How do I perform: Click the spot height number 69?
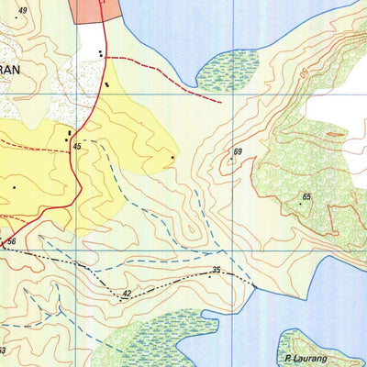tap(238, 151)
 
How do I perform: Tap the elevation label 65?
tap(306, 197)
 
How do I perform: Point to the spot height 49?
tap(22, 11)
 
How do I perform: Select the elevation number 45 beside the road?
tap(78, 147)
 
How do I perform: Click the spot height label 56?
tap(12, 241)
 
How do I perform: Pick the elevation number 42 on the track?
tap(127, 293)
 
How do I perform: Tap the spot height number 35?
tap(217, 270)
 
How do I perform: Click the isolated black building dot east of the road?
tap(172, 158)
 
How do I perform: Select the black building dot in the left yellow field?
tap(14, 187)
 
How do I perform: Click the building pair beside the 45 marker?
tap(69, 136)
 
